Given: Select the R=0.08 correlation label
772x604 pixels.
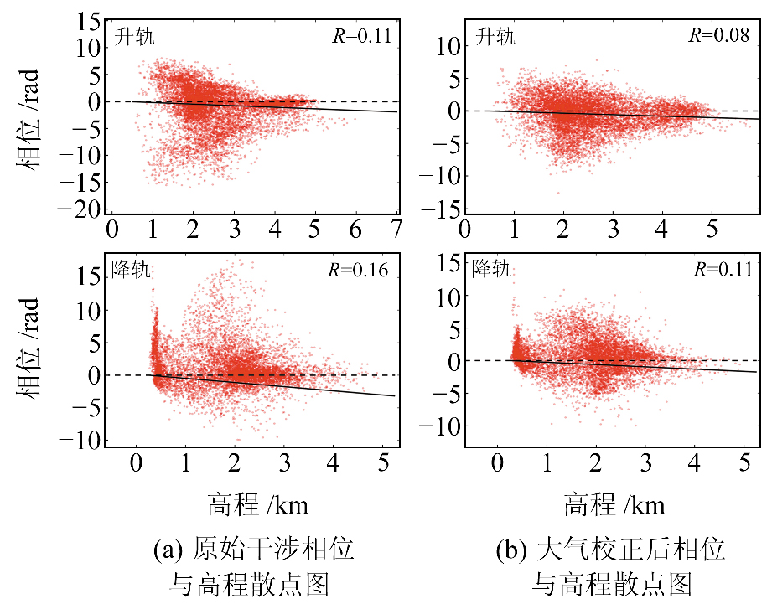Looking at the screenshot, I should [719, 37].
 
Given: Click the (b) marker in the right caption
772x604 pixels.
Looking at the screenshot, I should [511, 550].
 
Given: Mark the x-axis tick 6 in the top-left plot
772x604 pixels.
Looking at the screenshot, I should [356, 229].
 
